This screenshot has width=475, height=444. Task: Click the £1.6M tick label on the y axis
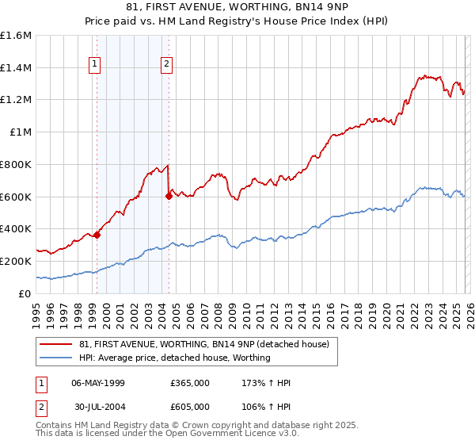pyautogui.click(x=16, y=36)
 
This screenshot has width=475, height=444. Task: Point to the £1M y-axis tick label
pyautogui.click(x=20, y=132)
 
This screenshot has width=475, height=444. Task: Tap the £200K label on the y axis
pyautogui.click(x=16, y=261)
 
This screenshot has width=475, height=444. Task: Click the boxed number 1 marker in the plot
pyautogui.click(x=95, y=65)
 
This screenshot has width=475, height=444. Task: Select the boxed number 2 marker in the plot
pyautogui.click(x=168, y=65)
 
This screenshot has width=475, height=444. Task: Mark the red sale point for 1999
pyautogui.click(x=97, y=235)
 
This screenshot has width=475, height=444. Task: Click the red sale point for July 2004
pyautogui.click(x=169, y=196)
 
